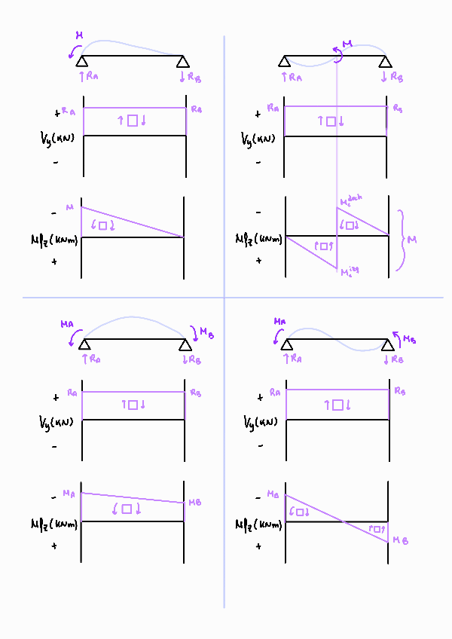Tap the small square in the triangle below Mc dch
coord(350,225)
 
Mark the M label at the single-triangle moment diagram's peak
coord(70,207)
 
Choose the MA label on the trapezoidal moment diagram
coord(69,494)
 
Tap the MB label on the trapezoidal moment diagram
coord(194,503)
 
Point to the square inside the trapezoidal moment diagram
coord(127,509)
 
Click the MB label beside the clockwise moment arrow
coord(194,331)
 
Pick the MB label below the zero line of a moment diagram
coord(400,540)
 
